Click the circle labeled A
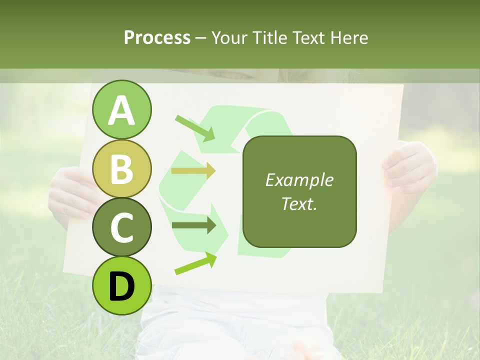tap(122, 109)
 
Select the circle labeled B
tap(122, 168)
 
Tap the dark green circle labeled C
tap(122, 227)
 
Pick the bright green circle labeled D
tap(122, 285)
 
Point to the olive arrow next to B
tap(193, 170)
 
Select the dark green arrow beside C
tap(194, 225)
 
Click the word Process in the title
tap(157, 38)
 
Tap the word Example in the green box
tap(299, 180)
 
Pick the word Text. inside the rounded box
tap(299, 203)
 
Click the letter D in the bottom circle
tap(122, 286)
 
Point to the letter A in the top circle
tap(122, 110)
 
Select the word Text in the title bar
tap(308, 38)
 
